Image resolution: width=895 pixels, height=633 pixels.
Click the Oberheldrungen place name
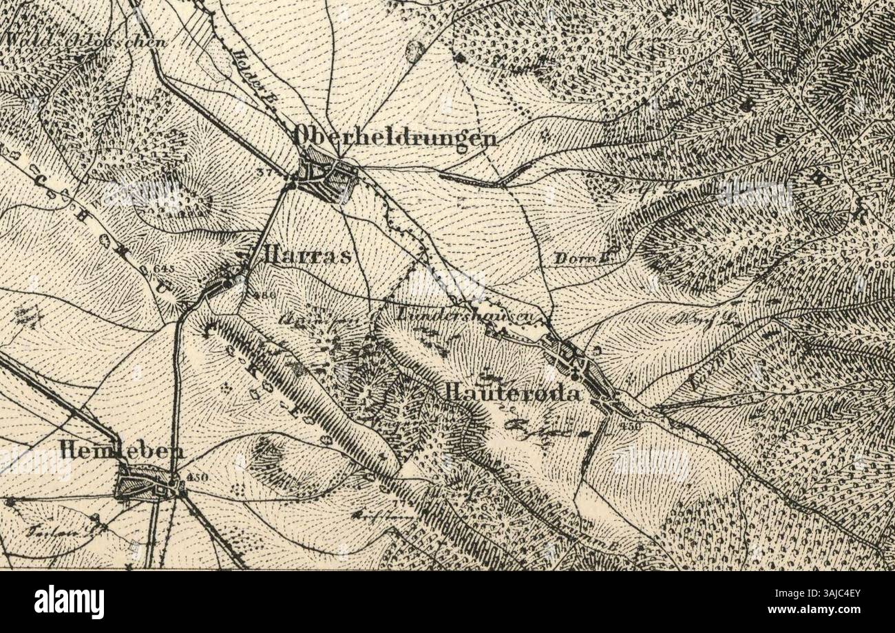click(x=395, y=137)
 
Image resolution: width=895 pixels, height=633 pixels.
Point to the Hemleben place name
click(x=123, y=451)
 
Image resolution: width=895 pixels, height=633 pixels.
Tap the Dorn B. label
click(x=573, y=259)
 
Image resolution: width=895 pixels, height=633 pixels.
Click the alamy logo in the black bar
click(x=70, y=602)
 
